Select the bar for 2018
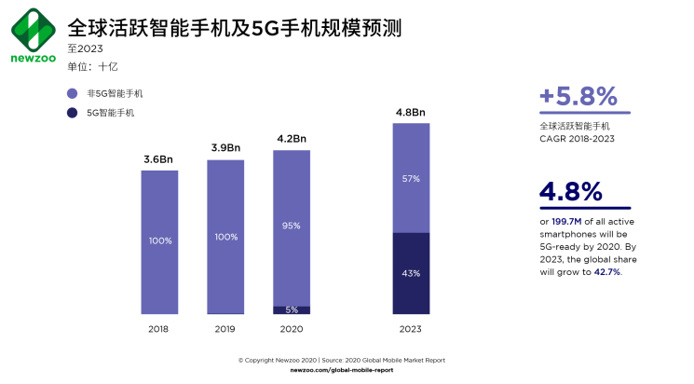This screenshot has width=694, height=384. [159, 241]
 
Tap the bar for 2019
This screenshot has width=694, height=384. [225, 237]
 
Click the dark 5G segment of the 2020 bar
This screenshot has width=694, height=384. [291, 309]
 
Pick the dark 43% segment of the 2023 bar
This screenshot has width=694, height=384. [411, 273]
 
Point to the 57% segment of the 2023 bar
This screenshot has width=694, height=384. [411, 177]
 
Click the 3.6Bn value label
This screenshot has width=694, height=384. [159, 159]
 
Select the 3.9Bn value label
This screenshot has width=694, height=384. [225, 148]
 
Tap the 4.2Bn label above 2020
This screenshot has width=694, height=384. [291, 139]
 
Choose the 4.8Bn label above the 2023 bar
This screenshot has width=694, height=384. [411, 113]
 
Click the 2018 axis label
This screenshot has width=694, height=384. [159, 328]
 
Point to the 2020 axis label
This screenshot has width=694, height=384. [291, 328]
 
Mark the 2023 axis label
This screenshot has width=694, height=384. [411, 328]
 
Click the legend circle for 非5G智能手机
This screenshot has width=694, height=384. [72, 94]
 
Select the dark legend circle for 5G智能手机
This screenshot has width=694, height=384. [72, 113]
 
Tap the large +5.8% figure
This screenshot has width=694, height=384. [578, 96]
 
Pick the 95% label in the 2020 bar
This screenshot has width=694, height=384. [291, 225]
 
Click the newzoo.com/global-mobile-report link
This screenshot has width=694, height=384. [342, 370]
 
